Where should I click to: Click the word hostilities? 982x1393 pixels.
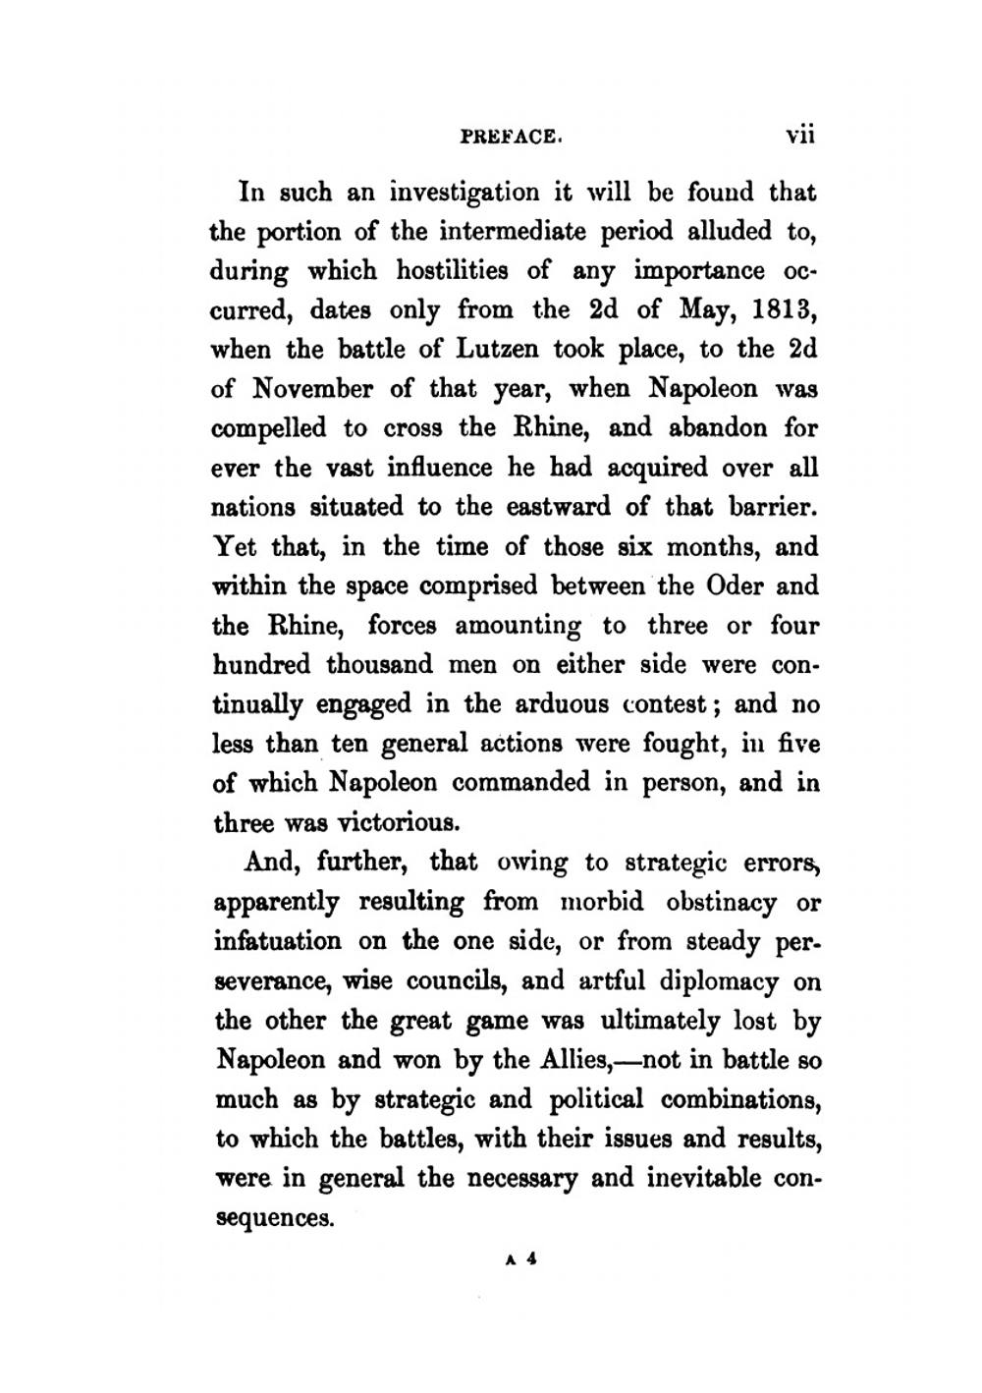pyautogui.click(x=453, y=270)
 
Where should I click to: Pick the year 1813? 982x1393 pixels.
pyautogui.click(x=784, y=310)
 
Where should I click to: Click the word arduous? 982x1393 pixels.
pyautogui.click(x=553, y=704)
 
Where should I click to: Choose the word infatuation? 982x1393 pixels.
pyautogui.click(x=278, y=941)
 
